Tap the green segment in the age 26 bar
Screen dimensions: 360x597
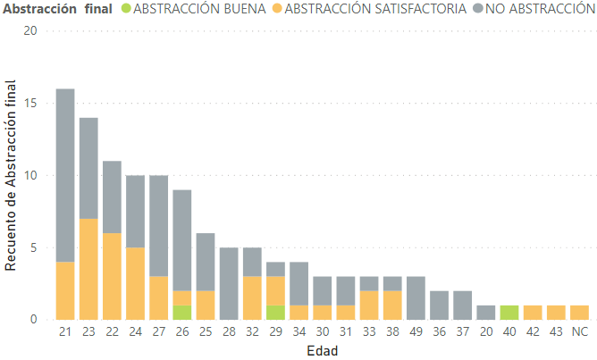coord(181,313)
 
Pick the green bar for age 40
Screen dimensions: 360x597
coord(509,313)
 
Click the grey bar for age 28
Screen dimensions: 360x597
coord(228,283)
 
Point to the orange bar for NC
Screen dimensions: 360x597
coord(579,313)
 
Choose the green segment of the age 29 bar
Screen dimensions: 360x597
coord(275,313)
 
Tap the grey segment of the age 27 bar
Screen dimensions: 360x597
coord(158,225)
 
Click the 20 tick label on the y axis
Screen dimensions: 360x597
coord(31,30)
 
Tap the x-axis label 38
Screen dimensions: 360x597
coord(392,332)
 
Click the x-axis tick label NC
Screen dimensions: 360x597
coord(579,332)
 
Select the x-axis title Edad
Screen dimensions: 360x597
coord(322,350)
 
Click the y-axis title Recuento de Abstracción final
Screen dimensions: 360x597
coord(12,174)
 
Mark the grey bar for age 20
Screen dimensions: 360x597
coord(485,313)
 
